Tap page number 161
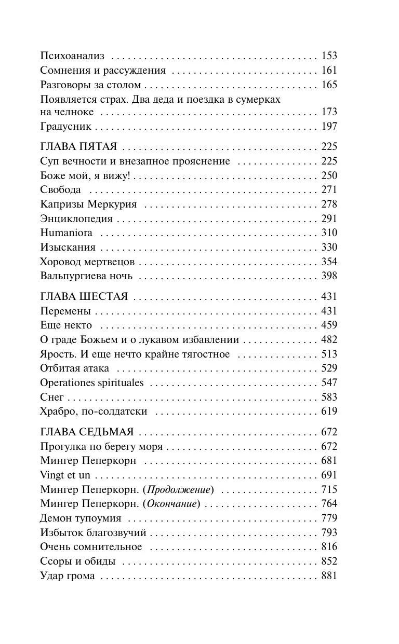[329, 71]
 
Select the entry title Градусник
[65, 126]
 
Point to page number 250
[329, 175]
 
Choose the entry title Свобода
[60, 190]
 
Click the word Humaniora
[66, 233]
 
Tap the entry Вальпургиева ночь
[86, 276]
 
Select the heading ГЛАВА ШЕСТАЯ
[84, 297]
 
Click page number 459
[329, 325]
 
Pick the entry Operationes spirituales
[91, 383]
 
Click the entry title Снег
[51, 398]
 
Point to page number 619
[329, 412]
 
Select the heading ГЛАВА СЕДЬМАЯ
[87, 432]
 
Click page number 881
[329, 576]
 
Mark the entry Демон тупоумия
[81, 518]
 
